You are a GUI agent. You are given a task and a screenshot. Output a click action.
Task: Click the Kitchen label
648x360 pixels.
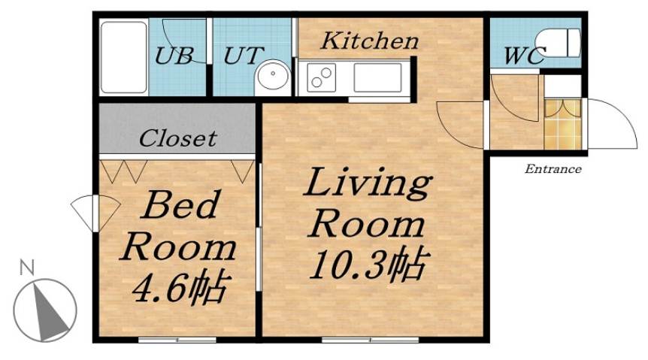(369, 41)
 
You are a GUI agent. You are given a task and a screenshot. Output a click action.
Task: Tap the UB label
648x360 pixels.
(174, 55)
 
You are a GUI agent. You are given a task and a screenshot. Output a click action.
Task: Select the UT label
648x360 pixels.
(244, 55)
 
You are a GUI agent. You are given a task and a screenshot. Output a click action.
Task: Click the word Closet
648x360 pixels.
(178, 138)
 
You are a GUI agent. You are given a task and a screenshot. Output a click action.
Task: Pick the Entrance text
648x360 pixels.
(553, 169)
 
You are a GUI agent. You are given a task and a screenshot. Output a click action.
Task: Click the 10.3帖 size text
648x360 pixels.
(368, 265)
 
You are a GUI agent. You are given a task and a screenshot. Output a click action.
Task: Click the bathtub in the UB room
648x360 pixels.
(124, 57)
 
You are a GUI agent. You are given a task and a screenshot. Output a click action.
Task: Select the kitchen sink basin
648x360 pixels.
(377, 77)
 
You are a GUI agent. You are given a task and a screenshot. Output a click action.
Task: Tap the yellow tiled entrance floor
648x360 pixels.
(562, 125)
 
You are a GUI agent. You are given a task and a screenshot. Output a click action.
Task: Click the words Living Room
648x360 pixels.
(367, 203)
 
